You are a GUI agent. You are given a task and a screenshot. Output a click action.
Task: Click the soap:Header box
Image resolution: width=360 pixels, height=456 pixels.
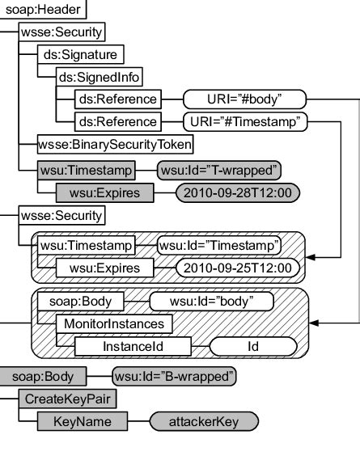pyautogui.click(x=43, y=11)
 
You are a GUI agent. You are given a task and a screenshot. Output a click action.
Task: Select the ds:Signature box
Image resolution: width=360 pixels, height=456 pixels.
pyautogui.click(x=79, y=55)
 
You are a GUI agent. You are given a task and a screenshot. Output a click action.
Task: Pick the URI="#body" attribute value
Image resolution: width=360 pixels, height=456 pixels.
pyautogui.click(x=244, y=99)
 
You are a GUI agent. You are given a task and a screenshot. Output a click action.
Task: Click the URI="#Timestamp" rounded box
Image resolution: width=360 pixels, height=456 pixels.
pyautogui.click(x=246, y=122)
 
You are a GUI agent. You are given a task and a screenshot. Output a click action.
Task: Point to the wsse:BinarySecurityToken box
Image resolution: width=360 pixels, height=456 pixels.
pyautogui.click(x=115, y=145)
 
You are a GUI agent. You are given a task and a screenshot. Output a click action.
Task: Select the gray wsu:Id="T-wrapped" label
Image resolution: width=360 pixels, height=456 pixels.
pyautogui.click(x=218, y=170)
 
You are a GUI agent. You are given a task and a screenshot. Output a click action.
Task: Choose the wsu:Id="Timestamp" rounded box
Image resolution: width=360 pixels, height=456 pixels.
pyautogui.click(x=218, y=244)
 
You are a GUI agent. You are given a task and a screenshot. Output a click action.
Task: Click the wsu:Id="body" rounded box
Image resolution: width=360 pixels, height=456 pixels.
pyautogui.click(x=212, y=302)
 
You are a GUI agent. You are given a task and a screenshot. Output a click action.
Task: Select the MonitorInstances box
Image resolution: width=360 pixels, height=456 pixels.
pyautogui.click(x=112, y=324)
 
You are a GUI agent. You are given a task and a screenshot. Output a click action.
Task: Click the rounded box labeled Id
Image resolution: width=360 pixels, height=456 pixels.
pyautogui.click(x=253, y=347)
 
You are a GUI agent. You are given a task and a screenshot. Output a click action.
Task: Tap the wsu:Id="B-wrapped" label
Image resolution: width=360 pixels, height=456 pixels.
pyautogui.click(x=175, y=376)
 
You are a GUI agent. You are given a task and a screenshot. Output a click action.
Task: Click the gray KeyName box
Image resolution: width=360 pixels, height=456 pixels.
pyautogui.click(x=81, y=421)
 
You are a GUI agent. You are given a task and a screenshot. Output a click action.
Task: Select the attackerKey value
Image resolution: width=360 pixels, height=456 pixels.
pyautogui.click(x=204, y=421)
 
